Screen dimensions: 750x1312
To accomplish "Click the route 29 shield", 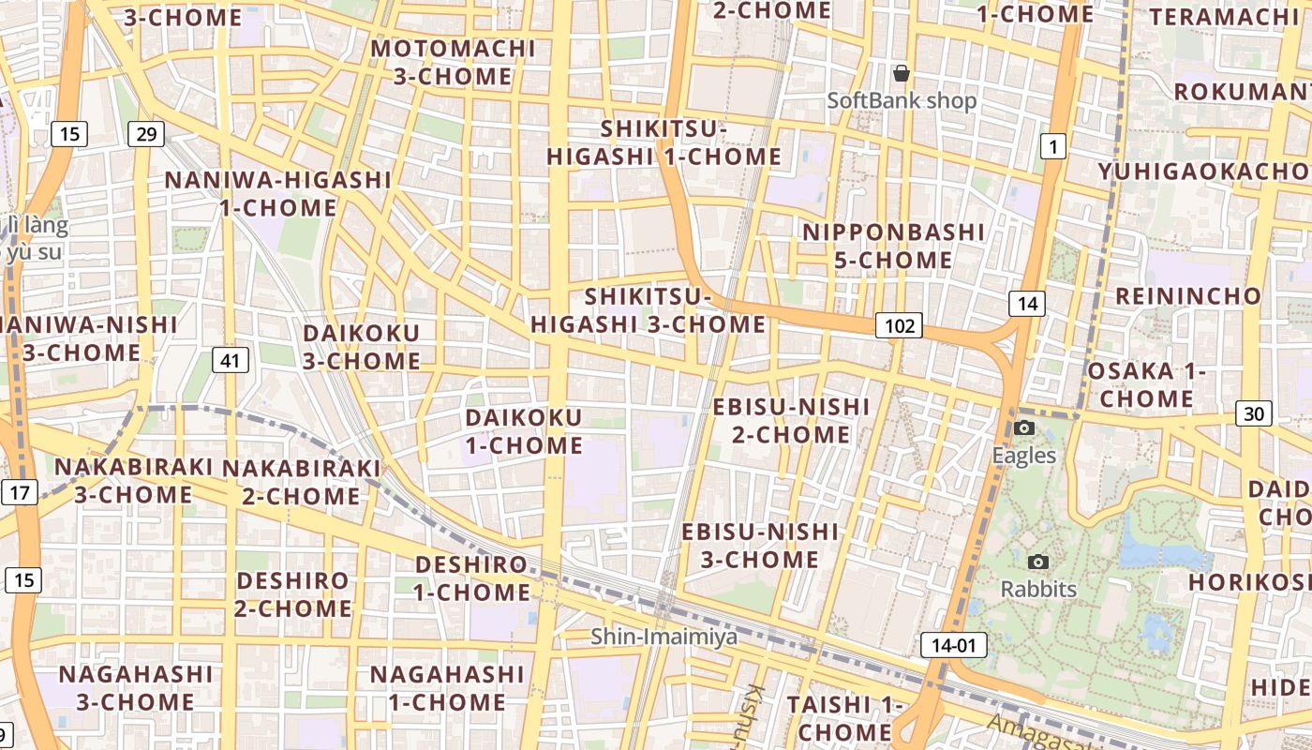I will pos(146,134).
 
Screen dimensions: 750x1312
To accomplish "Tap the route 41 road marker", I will pos(230,359).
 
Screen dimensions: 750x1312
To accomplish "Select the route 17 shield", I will pos(20,491).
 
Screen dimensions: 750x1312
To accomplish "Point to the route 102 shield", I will pos(899,325).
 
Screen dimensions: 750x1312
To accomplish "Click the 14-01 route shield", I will pos(953,645).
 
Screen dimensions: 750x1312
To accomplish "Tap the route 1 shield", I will pos(1053,145).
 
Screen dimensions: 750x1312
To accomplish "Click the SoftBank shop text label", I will pos(902,100).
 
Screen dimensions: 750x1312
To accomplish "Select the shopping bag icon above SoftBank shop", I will pos(902,73).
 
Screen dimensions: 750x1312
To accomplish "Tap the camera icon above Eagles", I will pos(1024,428).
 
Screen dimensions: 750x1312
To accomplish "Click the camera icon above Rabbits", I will pos(1038,562).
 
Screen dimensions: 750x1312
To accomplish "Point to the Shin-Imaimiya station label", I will pos(663,637).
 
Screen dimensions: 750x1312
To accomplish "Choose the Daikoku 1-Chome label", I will pos(524,431).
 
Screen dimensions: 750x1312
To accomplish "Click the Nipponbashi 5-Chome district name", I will pos(881,246).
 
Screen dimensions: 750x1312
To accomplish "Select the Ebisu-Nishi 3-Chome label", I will pos(760,546).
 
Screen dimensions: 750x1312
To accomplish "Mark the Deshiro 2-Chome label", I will pos(293,594).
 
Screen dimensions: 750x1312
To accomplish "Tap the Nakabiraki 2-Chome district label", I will pos(301,481).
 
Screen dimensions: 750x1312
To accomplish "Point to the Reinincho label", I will pos(1188,296).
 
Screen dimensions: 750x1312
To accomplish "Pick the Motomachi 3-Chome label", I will pos(453,62).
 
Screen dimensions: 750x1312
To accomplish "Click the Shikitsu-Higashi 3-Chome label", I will pos(649,310).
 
